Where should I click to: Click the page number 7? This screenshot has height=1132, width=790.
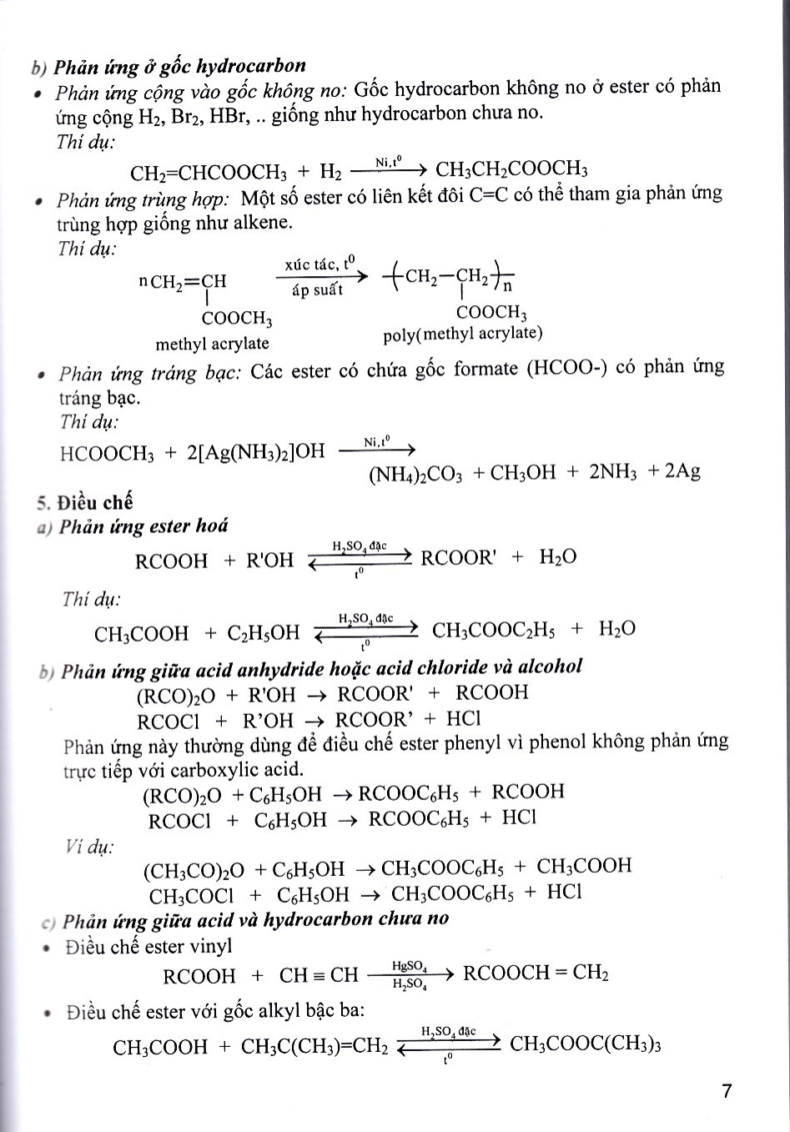tap(727, 1091)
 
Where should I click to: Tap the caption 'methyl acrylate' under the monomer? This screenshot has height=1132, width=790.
tap(212, 344)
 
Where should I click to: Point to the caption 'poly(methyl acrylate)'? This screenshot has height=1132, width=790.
tap(462, 335)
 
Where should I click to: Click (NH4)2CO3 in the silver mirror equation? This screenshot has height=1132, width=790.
tap(415, 473)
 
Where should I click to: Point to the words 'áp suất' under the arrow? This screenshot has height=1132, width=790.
tap(317, 291)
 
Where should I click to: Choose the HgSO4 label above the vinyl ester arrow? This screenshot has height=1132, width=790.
tap(410, 967)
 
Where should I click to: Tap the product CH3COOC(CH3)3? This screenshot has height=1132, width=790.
tap(585, 1044)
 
